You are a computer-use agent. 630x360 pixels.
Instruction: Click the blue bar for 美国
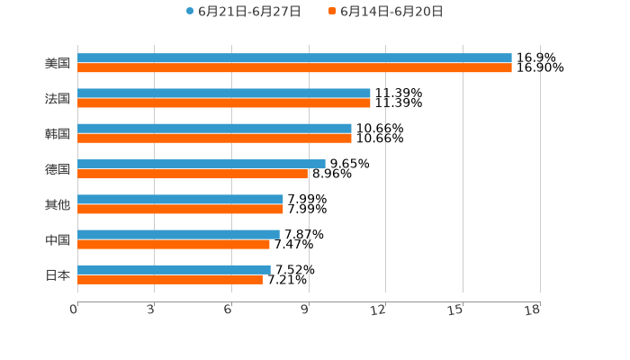point(294,58)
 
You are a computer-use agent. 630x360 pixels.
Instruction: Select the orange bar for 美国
point(294,68)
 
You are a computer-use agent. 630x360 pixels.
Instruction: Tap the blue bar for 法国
point(224,94)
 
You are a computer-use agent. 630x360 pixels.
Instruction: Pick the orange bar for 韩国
point(214,139)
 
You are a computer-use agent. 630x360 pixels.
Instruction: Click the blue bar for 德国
point(202,164)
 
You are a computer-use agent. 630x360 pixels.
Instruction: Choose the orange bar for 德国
point(193,174)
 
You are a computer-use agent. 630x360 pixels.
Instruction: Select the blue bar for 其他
point(180,199)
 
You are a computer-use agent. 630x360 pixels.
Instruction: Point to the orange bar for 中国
point(174,244)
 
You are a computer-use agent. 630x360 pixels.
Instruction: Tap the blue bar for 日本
point(174,269)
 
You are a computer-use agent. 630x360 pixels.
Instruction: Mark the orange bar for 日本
point(170,279)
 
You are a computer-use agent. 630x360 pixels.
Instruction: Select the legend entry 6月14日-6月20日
point(391,12)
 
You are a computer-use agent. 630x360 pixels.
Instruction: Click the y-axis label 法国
point(58,99)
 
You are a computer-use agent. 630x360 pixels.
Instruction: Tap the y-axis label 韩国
point(58,134)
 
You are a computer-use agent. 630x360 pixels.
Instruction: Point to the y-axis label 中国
point(58,239)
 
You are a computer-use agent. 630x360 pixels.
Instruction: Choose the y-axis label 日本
point(58,274)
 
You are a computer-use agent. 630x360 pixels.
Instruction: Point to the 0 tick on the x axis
point(74,310)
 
